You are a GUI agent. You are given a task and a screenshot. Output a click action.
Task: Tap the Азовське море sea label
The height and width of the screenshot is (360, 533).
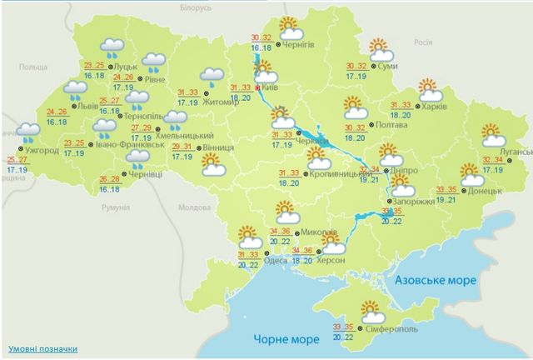point(436,280)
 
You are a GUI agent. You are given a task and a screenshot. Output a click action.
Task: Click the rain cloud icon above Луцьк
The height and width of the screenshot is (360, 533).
point(112,48)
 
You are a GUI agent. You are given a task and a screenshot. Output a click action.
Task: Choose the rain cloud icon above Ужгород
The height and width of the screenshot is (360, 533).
point(28,132)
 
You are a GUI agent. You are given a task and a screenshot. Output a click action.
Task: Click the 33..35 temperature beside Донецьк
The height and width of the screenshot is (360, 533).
point(447,188)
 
